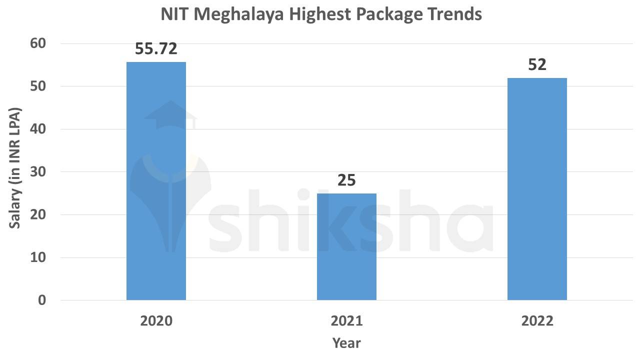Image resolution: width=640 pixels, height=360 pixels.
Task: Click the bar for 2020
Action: [156, 181]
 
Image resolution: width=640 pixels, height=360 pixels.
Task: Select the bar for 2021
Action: [346, 246]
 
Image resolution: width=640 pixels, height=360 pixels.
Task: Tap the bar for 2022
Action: [537, 189]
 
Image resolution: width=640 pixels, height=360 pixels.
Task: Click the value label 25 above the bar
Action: [346, 180]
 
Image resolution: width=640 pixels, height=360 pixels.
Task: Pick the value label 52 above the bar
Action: [537, 65]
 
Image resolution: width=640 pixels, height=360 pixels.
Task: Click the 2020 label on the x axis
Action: [156, 320]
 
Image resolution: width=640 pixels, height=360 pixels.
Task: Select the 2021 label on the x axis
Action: [346, 320]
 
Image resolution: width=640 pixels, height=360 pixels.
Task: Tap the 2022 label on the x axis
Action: [537, 320]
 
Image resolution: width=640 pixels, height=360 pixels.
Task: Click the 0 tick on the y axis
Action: [41, 300]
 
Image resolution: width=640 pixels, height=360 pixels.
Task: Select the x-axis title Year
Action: [346, 343]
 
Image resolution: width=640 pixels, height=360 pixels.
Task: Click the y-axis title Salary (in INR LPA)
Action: [15, 167]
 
